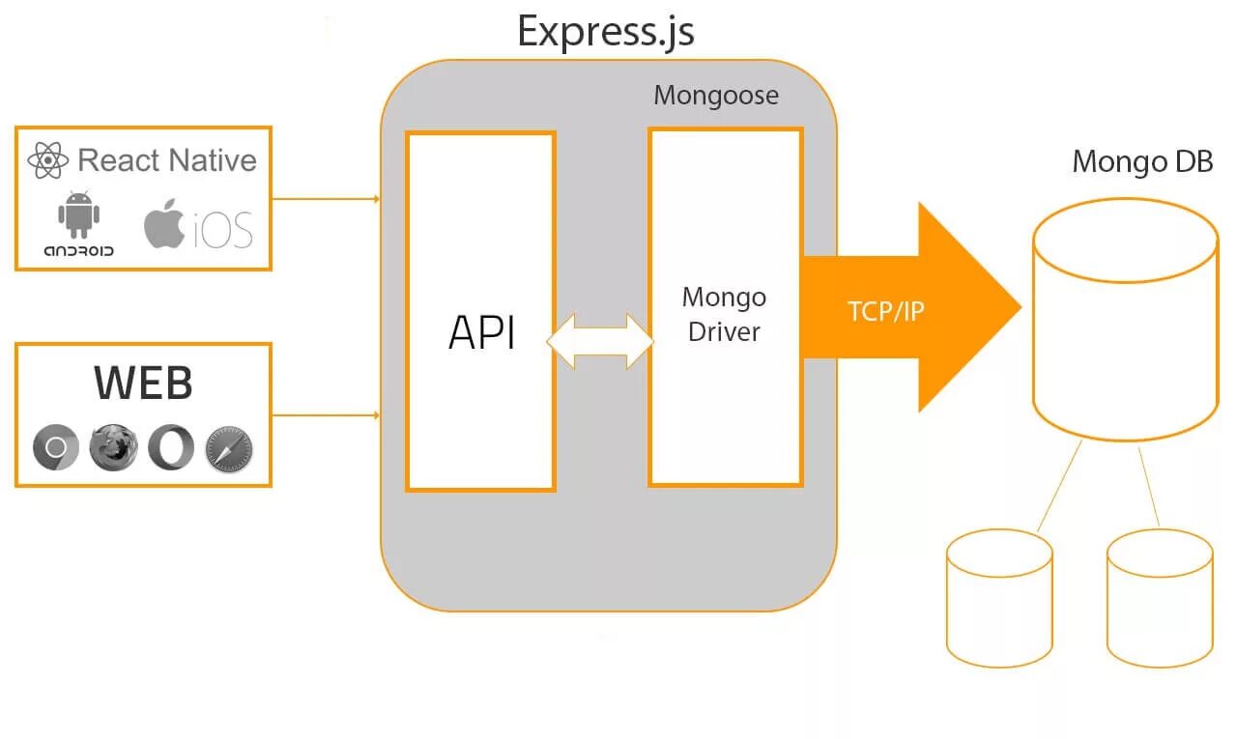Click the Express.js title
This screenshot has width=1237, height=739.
(606, 32)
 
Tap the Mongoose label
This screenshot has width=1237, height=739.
(716, 96)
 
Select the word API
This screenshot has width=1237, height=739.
(481, 332)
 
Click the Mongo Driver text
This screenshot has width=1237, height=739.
(724, 315)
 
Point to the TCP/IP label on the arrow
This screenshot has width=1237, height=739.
(886, 311)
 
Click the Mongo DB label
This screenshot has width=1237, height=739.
(1142, 161)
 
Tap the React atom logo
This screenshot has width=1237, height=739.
(48, 160)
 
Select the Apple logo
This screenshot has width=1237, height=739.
(164, 223)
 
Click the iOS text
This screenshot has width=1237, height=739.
(223, 230)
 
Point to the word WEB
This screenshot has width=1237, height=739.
(144, 383)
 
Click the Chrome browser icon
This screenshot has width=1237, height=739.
(56, 447)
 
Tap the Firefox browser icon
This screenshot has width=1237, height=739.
(113, 447)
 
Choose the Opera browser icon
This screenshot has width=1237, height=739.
(171, 447)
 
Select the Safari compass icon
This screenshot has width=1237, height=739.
(229, 449)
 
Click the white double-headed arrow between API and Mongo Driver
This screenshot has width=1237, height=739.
(601, 342)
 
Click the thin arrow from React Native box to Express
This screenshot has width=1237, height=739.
(327, 199)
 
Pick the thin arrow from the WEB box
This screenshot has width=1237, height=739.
(327, 415)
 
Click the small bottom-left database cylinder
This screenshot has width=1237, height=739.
(999, 598)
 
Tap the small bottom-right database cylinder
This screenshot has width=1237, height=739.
(1161, 598)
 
